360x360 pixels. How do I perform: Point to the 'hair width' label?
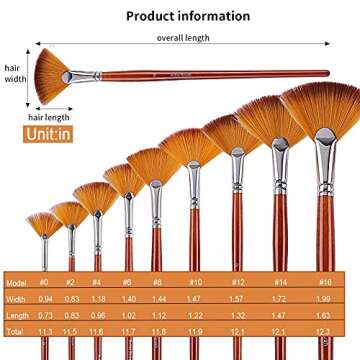13,74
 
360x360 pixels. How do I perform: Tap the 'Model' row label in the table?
16,284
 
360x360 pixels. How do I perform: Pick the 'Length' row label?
17,314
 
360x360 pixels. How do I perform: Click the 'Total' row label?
15,330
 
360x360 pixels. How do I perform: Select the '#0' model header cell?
43,284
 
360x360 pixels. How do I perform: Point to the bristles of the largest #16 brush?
320,110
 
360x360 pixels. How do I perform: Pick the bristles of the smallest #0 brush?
44,222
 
